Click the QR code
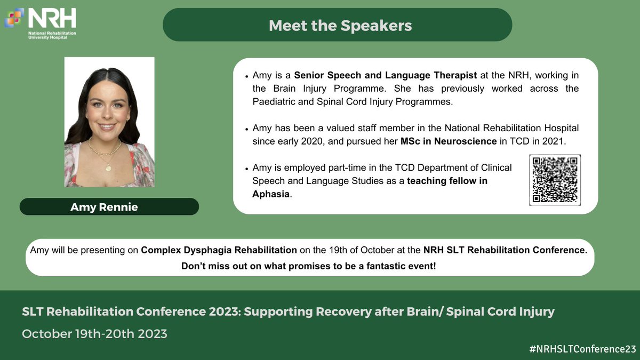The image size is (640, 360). tap(555, 180)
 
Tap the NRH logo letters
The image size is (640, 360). tap(52, 18)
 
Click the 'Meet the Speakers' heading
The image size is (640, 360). tap(340, 26)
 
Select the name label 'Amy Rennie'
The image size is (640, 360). tap(104, 207)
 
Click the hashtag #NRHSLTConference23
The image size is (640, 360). tap(582, 349)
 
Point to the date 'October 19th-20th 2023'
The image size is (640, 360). tap(94, 334)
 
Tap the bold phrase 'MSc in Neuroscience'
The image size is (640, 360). tap(449, 141)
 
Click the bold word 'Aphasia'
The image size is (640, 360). tap(271, 194)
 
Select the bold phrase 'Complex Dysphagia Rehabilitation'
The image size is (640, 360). tap(219, 250)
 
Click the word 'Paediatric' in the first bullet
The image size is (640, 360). tap(274, 102)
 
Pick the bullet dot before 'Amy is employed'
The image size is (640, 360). tap(247, 169)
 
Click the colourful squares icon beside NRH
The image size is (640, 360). tap(14, 18)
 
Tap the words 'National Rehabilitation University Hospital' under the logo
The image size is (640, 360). tap(52, 35)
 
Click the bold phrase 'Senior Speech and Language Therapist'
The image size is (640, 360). tap(386, 75)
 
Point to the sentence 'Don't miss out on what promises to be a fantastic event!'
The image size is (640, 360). tap(309, 266)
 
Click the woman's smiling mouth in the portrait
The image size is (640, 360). tap(107, 127)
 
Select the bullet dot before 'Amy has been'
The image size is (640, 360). tap(247, 130)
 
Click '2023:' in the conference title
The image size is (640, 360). tap(225, 311)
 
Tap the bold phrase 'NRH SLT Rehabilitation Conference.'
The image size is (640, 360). tap(506, 250)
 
